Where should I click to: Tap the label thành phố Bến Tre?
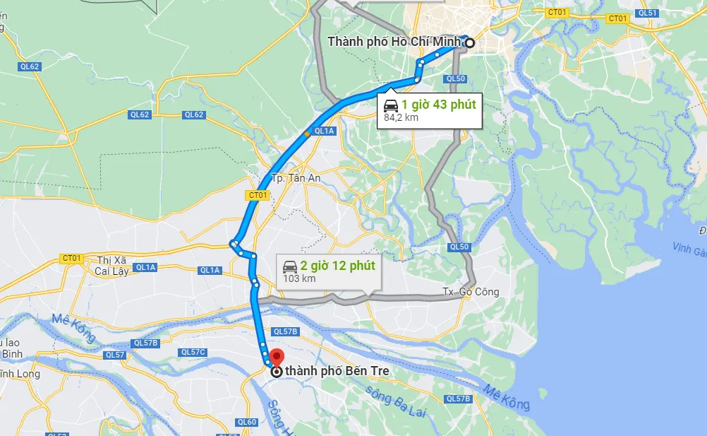337,370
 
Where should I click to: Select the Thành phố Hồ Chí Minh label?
394,42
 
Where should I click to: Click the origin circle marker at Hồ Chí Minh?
470,42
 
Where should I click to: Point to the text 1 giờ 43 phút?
439,105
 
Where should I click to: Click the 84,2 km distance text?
401,117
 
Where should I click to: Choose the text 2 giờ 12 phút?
337,266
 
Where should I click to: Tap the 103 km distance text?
298,278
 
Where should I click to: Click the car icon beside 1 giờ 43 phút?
391,105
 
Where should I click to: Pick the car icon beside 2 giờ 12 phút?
289,266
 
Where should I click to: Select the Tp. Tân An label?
296,178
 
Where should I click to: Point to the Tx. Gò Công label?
471,291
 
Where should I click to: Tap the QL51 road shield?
646,13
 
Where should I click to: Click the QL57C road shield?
193,352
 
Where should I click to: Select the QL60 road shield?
247,422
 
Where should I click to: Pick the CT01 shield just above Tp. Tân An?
258,194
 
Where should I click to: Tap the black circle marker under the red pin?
277,371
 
